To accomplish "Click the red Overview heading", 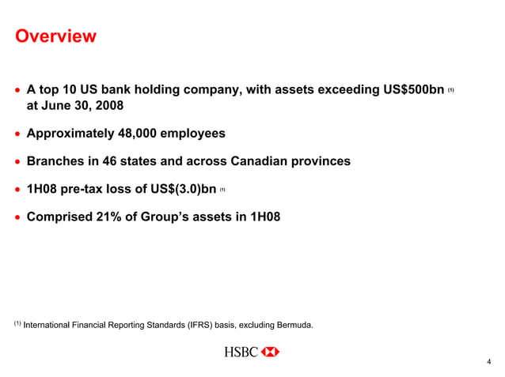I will [56, 36].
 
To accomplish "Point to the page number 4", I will [489, 363].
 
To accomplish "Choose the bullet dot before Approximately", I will [17, 134].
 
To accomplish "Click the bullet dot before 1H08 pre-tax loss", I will [17, 190].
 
